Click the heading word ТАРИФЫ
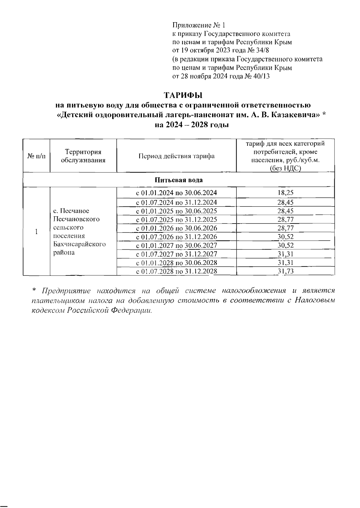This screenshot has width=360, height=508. click(x=183, y=96)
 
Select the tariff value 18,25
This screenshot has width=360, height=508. click(x=285, y=193)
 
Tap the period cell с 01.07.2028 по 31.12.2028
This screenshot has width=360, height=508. click(x=176, y=272)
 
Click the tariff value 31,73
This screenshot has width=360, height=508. click(x=285, y=272)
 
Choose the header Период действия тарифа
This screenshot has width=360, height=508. click(x=176, y=156)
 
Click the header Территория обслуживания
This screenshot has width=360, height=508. click(x=83, y=156)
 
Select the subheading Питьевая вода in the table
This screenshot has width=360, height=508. click(x=178, y=180)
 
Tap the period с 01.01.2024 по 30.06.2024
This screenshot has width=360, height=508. click(x=176, y=193)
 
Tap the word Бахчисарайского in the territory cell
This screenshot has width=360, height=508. click(x=79, y=244)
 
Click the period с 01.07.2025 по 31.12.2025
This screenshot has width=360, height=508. click(x=176, y=220)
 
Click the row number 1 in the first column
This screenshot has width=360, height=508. click(x=36, y=232)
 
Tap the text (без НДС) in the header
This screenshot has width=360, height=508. click(x=285, y=168)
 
